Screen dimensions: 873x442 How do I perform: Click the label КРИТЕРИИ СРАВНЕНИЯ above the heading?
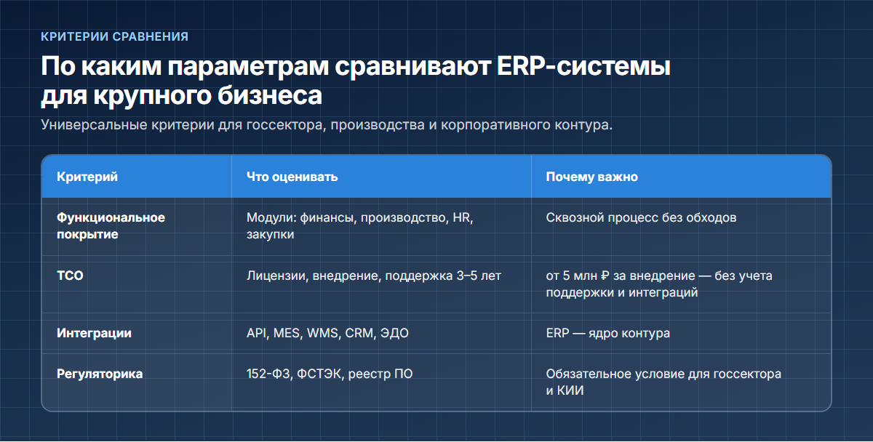coord(115,36)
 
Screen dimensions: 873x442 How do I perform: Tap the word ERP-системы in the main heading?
coord(583,66)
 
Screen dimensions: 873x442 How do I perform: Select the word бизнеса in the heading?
coord(270,95)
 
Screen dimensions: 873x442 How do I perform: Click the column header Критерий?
coord(87,177)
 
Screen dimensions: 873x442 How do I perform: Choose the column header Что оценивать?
coord(292,177)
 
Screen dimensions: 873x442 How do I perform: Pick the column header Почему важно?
coord(592,177)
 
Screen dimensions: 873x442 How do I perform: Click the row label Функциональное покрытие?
coord(111,226)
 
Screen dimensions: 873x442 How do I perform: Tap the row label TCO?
coord(70,276)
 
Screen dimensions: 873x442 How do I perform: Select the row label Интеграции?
coord(95,334)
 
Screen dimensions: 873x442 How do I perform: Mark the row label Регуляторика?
coord(100,374)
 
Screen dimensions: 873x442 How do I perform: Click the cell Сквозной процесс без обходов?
coord(641,217)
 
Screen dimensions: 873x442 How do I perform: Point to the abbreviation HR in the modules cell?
coord(463,217)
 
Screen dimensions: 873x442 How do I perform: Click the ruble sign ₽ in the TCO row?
coord(605,276)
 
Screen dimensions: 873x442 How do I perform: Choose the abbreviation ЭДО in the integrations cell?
coord(394,334)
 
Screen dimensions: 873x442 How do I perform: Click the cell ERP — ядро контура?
coord(608,334)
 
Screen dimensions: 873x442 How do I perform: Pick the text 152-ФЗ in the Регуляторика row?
coord(270,374)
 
